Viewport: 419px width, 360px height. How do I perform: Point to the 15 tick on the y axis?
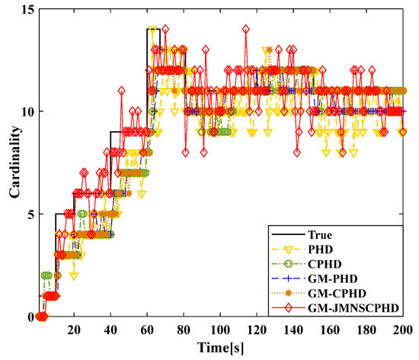24,8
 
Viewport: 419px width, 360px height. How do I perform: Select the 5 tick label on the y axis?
27,214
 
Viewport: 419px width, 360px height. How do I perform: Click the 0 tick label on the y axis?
27,317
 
